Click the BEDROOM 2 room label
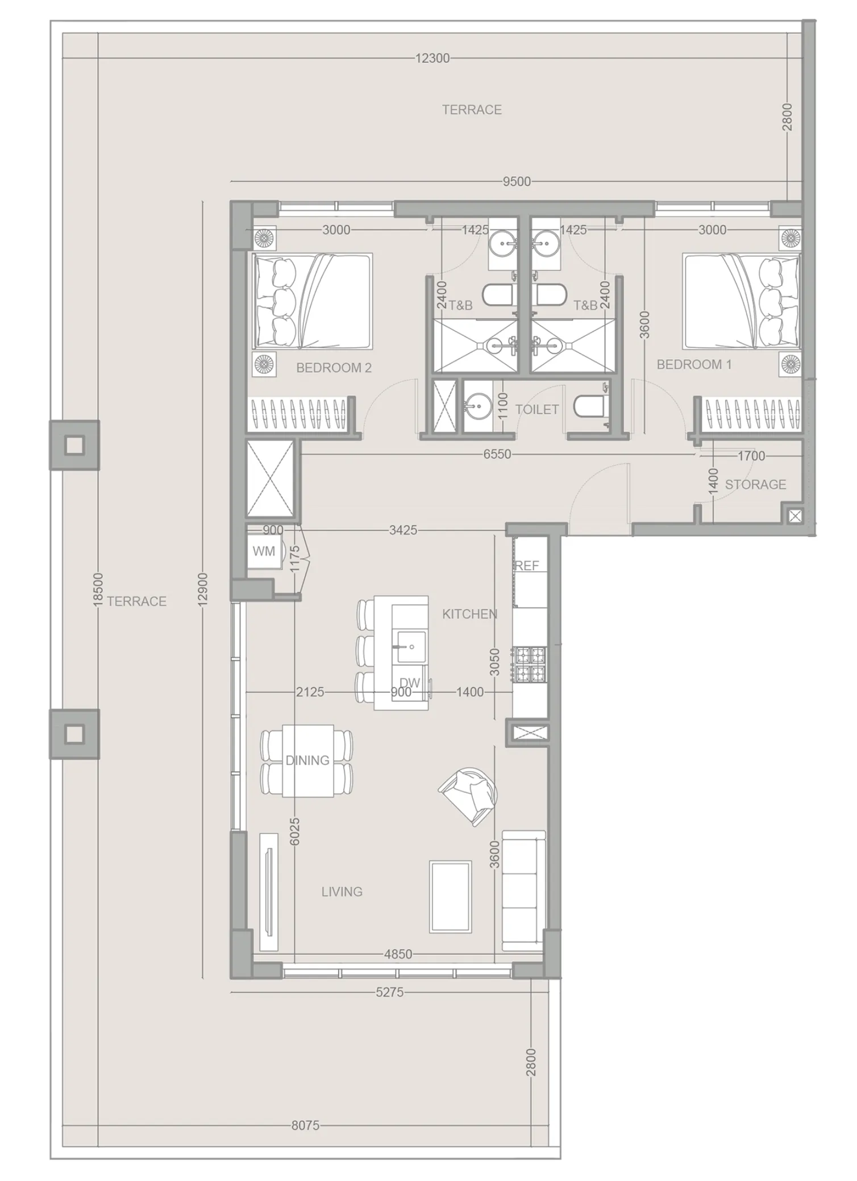[334, 368]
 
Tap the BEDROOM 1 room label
[693, 364]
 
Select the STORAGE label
[755, 484]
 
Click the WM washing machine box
[264, 551]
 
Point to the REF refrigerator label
[527, 565]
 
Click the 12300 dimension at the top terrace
[432, 58]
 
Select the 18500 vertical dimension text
[98, 589]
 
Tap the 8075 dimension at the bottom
[305, 1125]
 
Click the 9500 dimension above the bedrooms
[517, 182]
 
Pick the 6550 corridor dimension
[497, 455]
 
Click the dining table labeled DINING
[307, 760]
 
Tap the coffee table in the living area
[450, 896]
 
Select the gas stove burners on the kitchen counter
[529, 664]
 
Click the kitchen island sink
[411, 646]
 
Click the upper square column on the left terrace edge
[74, 445]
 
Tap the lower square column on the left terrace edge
[74, 734]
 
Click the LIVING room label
[342, 892]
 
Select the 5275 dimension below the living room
[389, 992]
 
